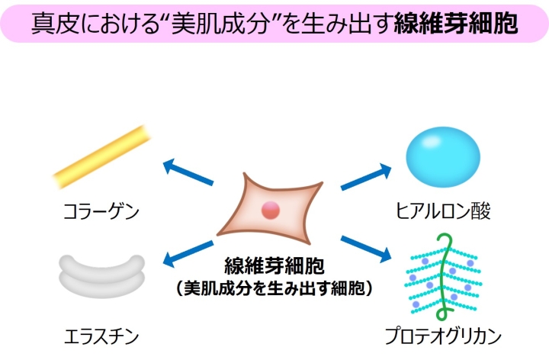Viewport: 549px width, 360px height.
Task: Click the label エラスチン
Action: [101, 336]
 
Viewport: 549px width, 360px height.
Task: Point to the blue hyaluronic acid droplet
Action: [442, 156]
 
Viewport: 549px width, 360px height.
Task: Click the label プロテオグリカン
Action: [445, 336]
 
